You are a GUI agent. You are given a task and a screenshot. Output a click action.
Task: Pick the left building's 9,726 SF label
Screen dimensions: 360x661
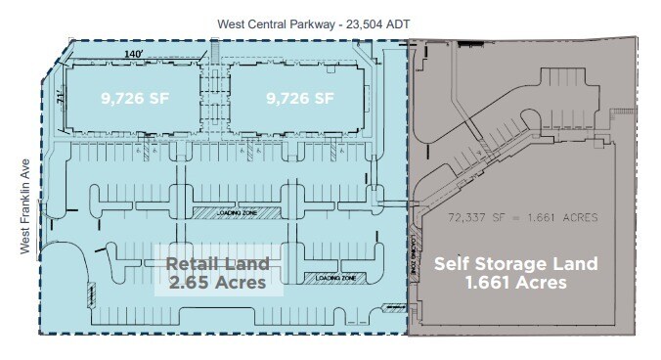133,98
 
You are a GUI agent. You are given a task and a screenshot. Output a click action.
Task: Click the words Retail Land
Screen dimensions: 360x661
216,263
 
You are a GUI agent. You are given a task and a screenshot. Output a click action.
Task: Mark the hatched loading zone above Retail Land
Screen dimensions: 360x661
236,212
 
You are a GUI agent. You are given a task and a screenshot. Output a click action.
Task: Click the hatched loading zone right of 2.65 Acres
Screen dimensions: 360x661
335,278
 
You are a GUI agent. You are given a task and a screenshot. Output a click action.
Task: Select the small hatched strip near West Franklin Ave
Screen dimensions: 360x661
93,293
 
